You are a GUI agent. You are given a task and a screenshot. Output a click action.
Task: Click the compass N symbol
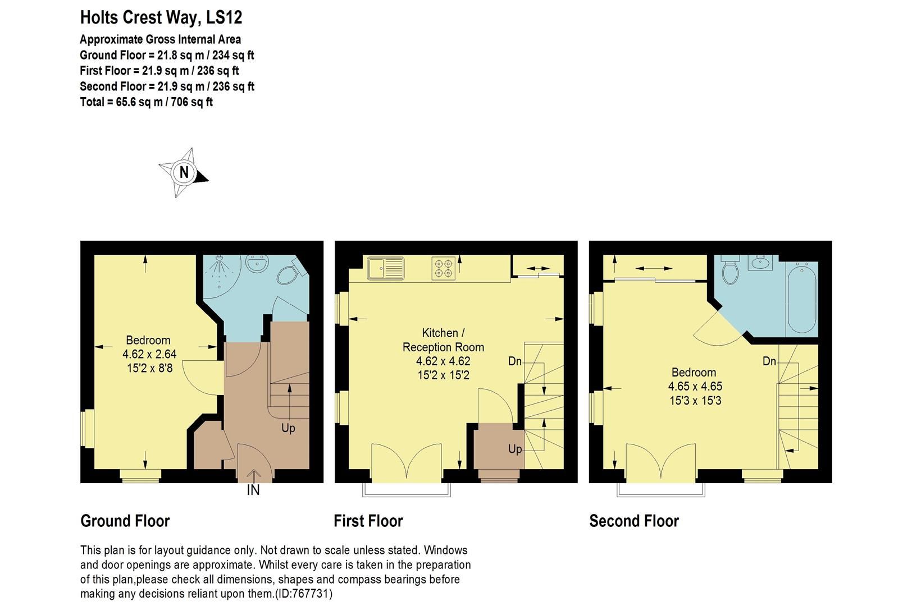184,172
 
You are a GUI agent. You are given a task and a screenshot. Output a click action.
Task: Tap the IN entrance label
253,490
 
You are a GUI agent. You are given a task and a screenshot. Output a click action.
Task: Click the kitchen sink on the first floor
386,268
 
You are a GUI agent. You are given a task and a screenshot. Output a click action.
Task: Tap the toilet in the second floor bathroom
731,272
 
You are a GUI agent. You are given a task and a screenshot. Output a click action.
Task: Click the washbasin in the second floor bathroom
762,263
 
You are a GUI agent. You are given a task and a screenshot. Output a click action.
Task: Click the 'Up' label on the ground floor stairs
288,428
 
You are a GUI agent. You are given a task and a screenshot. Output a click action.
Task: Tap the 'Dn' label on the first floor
515,361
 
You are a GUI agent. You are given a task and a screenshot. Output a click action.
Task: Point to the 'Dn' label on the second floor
769,361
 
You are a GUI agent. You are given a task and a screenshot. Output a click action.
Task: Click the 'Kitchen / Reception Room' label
443,340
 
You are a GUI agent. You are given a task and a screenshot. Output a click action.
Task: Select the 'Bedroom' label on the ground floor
148,340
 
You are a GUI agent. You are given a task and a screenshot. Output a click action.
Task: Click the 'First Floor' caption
368,521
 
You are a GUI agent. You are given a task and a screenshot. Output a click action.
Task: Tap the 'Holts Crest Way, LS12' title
161,17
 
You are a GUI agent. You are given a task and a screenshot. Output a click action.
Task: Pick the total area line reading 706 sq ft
147,102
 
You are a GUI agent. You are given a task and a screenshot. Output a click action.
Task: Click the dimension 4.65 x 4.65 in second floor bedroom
695,387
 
